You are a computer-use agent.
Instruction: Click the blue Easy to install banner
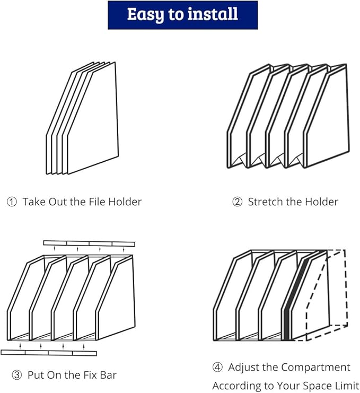182,15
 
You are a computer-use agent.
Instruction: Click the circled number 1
12,202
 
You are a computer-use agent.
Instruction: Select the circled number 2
238,202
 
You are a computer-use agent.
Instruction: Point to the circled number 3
17,375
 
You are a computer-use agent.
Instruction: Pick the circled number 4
217,368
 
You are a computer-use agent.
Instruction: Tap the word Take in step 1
34,202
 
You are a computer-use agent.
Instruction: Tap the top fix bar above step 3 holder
89,243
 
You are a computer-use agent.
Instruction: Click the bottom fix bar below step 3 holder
49,352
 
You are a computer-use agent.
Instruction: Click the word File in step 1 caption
94,202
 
